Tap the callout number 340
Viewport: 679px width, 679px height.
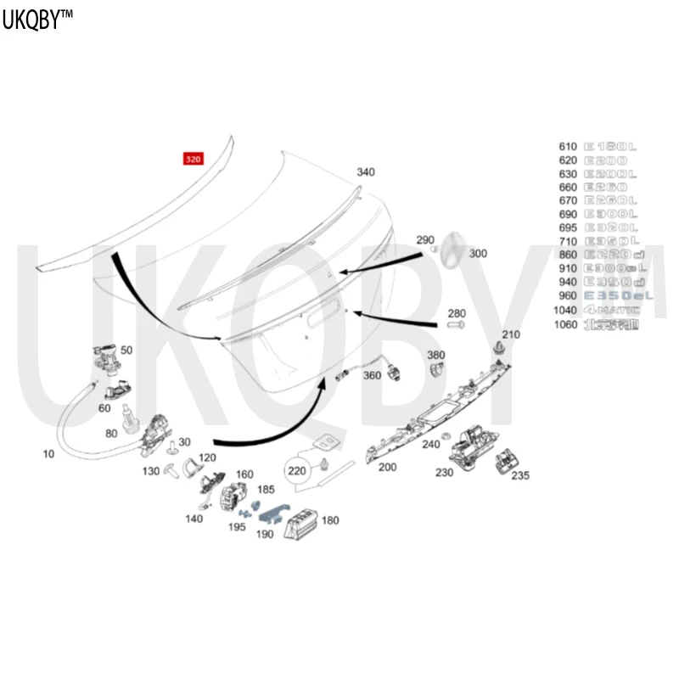[x=365, y=172]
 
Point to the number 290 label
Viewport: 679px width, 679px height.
[x=425, y=240]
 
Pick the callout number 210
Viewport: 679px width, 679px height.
[x=511, y=334]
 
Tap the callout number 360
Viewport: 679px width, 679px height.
[x=372, y=374]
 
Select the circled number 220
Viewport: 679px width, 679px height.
[x=296, y=469]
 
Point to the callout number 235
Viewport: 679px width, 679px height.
[x=520, y=476]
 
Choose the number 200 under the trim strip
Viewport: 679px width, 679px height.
[x=387, y=467]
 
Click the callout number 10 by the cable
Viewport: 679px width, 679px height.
[x=48, y=454]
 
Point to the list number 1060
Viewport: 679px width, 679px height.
[x=564, y=324]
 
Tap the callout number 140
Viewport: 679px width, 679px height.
[x=194, y=518]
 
